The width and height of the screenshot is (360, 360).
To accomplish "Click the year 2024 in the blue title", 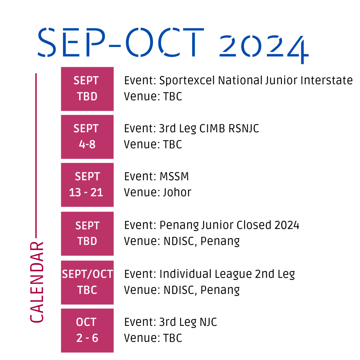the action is pos(264,49).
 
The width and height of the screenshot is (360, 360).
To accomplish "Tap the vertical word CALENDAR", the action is pos(37,282).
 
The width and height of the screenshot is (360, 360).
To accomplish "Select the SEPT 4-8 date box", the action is pos(87,137).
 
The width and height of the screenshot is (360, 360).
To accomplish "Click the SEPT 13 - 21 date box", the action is pos(87,185).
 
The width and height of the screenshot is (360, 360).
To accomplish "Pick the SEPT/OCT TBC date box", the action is pos(87,282).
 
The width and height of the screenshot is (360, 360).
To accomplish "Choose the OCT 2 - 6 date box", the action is pos(87,330).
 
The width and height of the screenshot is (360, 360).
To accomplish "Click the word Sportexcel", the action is pos(187,81).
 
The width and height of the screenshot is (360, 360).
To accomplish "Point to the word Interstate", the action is pos(327,81).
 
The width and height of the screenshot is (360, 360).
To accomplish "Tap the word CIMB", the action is pos(212,128).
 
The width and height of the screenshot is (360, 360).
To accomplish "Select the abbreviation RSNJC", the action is pos(244,128).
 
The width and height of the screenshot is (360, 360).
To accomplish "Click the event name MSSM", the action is pos(174,176).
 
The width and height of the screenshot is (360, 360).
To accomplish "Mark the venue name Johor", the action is pos(177,192).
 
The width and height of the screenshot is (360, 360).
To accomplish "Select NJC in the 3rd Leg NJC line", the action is pos(208,322).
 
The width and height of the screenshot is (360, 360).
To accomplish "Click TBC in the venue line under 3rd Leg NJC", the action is pos(172,338).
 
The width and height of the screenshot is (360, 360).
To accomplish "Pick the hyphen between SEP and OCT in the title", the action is pos(115,46).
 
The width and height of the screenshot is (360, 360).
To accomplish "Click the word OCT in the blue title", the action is pos(165,42).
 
